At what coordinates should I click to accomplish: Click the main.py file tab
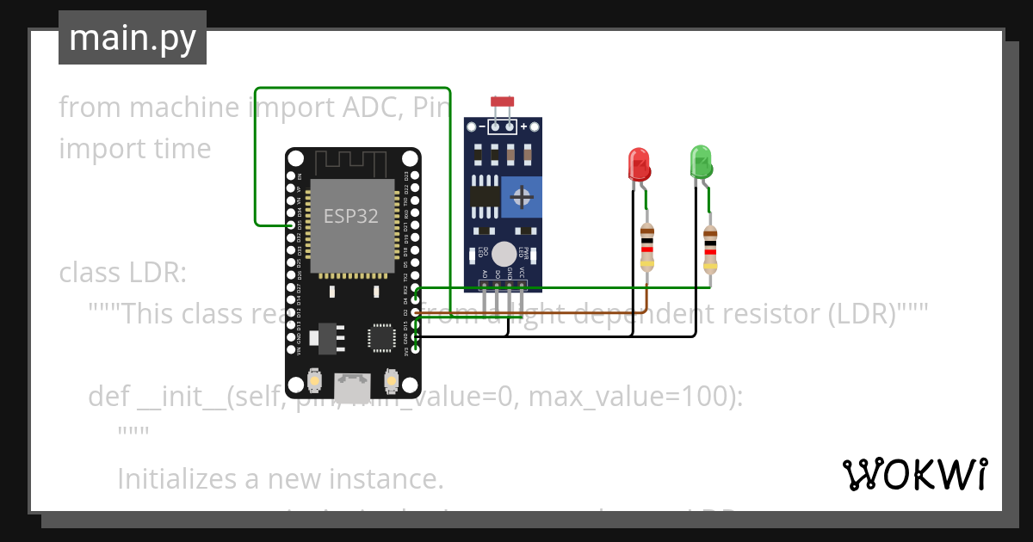pos(133,38)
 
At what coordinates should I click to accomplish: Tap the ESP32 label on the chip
pos(350,216)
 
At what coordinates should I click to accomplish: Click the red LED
pos(638,163)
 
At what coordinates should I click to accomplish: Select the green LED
pos(701,162)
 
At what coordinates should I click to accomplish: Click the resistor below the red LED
pos(647,247)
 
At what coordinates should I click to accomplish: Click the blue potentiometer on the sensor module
pos(521,197)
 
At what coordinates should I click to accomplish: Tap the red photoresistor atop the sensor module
pos(502,102)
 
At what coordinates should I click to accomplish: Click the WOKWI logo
pos(913,474)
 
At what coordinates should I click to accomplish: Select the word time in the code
pos(183,149)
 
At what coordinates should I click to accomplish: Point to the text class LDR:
pos(122,273)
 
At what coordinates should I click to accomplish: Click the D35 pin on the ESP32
pos(291,225)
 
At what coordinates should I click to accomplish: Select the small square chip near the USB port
pos(380,338)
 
